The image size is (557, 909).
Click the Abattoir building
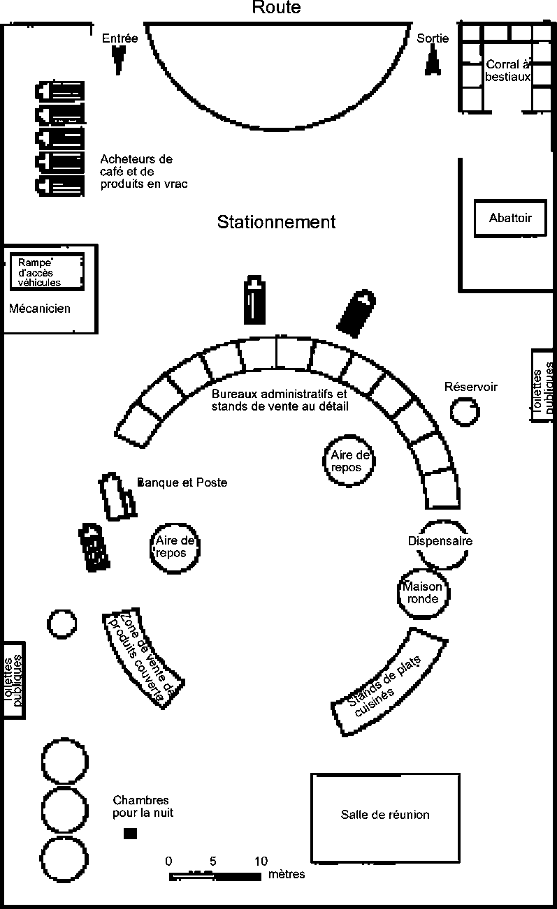click(x=510, y=219)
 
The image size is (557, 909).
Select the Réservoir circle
click(x=465, y=411)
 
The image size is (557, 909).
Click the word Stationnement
click(x=276, y=222)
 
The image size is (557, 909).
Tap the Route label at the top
click(x=276, y=8)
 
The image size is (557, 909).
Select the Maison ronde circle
click(x=422, y=593)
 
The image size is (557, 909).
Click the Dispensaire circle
click(x=441, y=544)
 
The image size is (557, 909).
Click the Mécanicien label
click(x=40, y=308)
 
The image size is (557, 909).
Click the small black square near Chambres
click(x=130, y=833)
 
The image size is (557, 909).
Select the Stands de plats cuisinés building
click(x=386, y=684)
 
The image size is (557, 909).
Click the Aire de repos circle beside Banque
click(x=175, y=547)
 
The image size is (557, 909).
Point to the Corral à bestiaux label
click(x=509, y=71)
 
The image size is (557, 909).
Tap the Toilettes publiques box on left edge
click(x=13, y=679)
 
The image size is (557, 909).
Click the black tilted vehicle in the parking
click(x=356, y=312)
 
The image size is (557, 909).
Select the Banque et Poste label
click(x=182, y=482)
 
